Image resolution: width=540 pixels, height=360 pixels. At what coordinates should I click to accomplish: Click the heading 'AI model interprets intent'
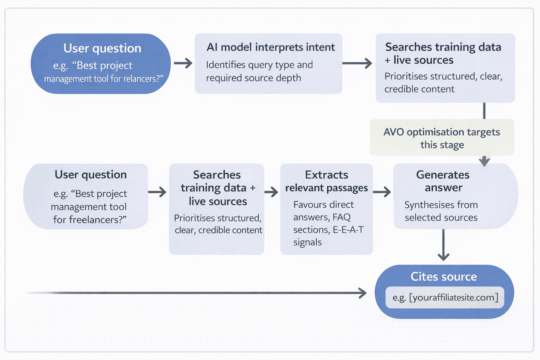270,47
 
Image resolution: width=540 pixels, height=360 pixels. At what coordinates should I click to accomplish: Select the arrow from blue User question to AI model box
183,63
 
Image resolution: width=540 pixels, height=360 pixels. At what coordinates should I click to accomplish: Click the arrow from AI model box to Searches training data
357,63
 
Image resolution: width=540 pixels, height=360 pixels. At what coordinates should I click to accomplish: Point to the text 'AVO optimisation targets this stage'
442,138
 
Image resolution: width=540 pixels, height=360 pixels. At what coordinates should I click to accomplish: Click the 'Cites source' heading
443,277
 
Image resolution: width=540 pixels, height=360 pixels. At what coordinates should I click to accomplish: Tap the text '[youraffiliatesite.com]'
454,297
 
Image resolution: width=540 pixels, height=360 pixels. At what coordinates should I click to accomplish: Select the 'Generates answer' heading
443,181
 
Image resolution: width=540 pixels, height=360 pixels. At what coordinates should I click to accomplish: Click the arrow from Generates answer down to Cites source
443,245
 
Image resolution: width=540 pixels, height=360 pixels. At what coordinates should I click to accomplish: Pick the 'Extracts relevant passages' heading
327,181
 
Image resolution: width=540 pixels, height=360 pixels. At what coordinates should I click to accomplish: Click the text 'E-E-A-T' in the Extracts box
348,230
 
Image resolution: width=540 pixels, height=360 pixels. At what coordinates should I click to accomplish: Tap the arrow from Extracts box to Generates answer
382,192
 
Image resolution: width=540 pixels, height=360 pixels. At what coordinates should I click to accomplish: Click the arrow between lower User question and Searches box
157,192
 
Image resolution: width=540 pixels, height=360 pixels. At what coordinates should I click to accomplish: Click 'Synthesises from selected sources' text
441,211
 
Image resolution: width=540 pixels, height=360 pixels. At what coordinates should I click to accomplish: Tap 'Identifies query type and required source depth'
259,71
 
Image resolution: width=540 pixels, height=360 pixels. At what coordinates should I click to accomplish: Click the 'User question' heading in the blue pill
102,48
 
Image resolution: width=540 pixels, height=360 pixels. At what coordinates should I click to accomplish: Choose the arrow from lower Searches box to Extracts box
271,192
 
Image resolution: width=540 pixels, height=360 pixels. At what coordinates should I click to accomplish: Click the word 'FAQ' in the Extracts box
341,217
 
